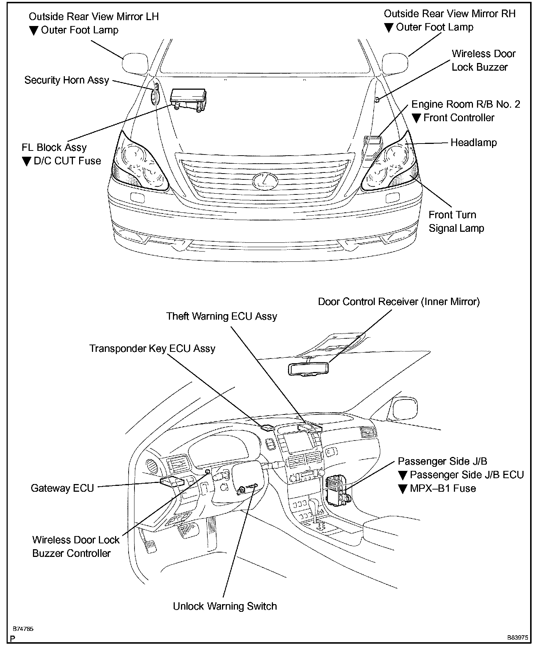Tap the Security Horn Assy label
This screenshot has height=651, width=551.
(67, 80)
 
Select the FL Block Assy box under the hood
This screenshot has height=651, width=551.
(188, 97)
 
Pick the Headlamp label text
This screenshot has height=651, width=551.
(473, 142)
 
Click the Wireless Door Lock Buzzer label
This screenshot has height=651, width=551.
(483, 60)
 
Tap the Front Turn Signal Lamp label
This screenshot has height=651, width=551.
(456, 222)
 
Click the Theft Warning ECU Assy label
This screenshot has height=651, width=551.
(221, 316)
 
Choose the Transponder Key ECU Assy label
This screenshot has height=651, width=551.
(152, 349)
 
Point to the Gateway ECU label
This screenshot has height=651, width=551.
(62, 488)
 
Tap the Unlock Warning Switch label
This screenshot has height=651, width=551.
(225, 606)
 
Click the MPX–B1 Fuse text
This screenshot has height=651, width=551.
(443, 488)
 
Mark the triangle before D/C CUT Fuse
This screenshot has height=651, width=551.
(26, 161)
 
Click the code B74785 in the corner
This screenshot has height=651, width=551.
(23, 629)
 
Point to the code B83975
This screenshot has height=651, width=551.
(518, 637)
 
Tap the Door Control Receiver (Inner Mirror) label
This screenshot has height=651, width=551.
(399, 302)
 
